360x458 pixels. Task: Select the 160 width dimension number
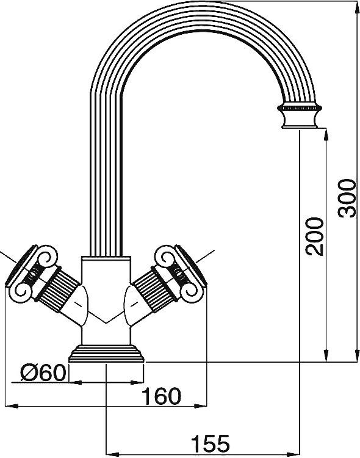[x=162, y=396]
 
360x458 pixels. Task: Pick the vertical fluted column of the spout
[x=107, y=183]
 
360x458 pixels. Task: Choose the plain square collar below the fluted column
[x=107, y=269]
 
